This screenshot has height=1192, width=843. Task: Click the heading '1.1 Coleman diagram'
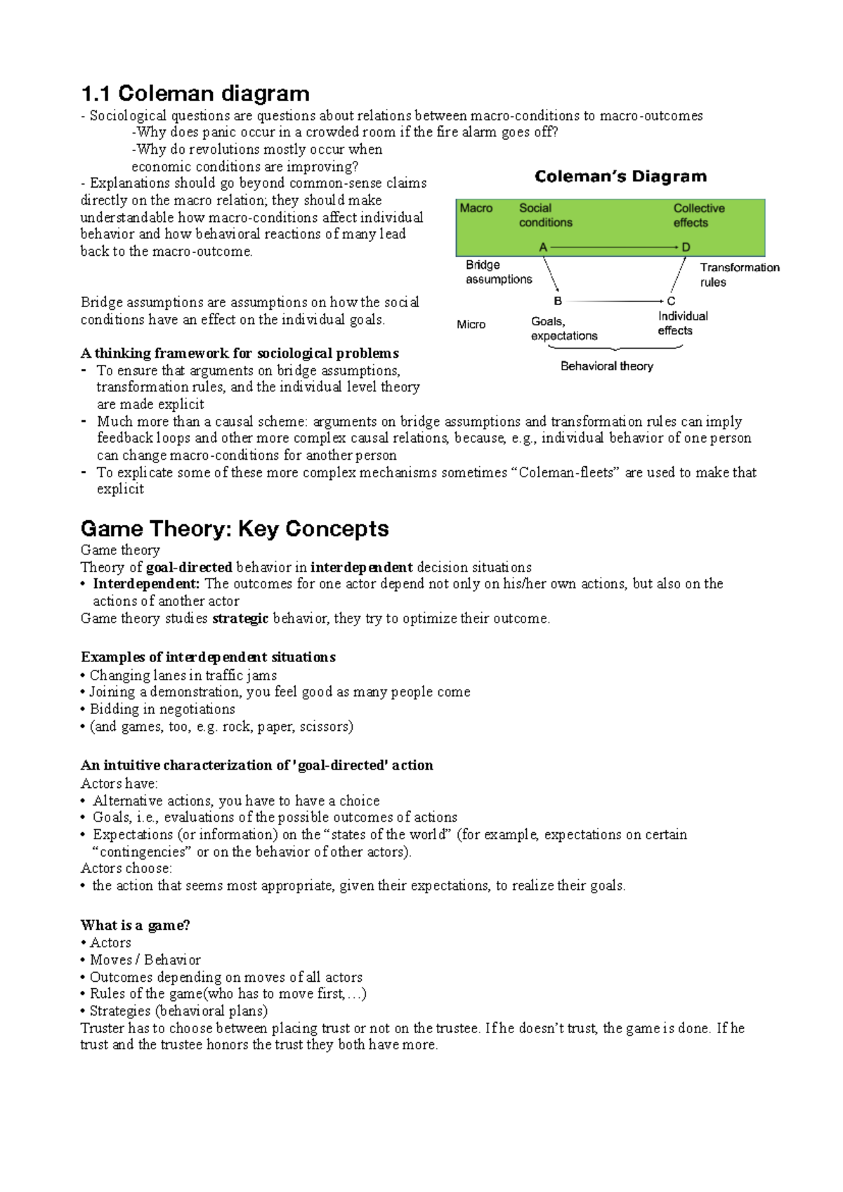[195, 93]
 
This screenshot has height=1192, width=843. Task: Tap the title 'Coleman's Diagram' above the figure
[620, 176]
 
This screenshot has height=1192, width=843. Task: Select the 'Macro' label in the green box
[476, 208]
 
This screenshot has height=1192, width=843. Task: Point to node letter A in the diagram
[543, 247]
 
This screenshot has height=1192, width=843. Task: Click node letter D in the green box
[686, 247]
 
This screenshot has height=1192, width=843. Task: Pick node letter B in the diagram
[558, 301]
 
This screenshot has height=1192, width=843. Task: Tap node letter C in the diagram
[671, 301]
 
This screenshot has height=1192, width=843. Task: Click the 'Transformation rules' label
[739, 275]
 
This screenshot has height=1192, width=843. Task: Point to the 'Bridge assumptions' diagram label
[498, 272]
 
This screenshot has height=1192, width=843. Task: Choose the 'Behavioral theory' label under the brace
[607, 366]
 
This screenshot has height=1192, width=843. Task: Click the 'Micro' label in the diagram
[471, 325]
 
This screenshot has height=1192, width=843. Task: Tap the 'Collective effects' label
[698, 215]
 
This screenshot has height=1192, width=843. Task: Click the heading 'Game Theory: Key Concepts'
[235, 529]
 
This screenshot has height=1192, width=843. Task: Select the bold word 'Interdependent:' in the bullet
[146, 584]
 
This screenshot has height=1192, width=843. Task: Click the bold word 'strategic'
[240, 618]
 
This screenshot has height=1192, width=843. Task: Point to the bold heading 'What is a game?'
[135, 925]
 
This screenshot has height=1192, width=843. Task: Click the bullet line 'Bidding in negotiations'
[162, 709]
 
